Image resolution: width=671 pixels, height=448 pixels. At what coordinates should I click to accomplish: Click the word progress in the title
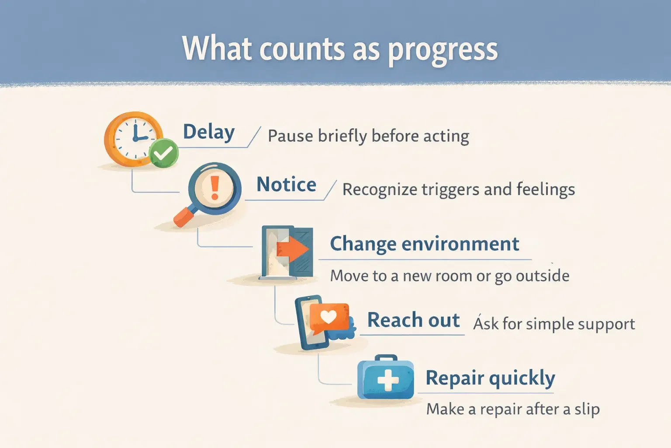tap(443, 50)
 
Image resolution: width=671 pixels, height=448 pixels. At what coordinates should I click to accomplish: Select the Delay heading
tap(209, 132)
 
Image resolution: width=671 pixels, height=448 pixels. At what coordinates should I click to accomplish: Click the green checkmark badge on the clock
tap(163, 153)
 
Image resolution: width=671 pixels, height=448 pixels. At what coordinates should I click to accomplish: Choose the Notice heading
tap(286, 185)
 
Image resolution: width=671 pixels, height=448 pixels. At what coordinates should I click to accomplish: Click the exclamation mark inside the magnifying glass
tap(214, 188)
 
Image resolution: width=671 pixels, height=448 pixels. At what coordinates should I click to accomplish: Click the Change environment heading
tap(424, 244)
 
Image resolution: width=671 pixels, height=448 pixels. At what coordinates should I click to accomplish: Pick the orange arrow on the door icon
tap(292, 249)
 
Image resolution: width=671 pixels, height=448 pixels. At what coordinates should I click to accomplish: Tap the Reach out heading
tap(413, 320)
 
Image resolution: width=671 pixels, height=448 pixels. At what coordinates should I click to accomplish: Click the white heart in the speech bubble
tap(328, 316)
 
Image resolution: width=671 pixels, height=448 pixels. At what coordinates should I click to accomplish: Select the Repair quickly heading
tap(490, 378)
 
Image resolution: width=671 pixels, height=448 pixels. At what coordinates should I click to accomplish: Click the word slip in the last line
tap(587, 409)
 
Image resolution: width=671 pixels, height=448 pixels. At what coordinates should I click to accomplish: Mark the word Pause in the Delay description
tap(290, 136)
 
